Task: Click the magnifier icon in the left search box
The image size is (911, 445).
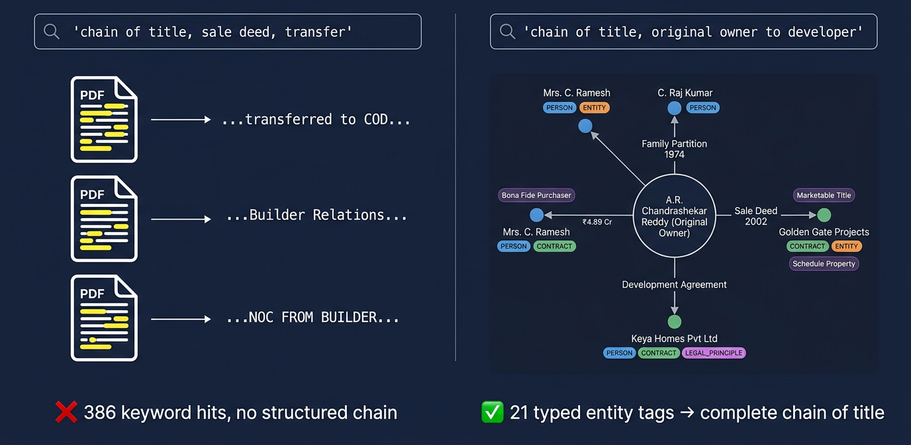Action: tap(51, 31)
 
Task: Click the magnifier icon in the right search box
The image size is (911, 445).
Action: tap(507, 31)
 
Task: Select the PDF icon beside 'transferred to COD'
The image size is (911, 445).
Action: tap(104, 120)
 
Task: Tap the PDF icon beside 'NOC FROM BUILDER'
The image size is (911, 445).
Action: tap(104, 319)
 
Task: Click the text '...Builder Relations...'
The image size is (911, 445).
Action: tap(316, 216)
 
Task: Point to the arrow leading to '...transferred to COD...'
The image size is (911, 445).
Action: tap(180, 120)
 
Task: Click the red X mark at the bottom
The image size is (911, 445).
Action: tap(66, 413)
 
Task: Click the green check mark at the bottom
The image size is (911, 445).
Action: tap(492, 413)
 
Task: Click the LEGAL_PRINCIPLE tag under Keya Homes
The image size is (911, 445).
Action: tap(714, 353)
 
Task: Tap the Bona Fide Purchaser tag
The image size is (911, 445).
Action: tap(536, 195)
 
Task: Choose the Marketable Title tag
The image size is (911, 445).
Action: tap(824, 195)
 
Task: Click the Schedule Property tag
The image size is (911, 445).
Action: tap(824, 264)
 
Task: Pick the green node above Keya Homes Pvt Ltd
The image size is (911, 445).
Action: tap(674, 322)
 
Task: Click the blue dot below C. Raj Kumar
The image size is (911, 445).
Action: tap(674, 108)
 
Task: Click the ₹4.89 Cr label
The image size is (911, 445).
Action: tap(597, 222)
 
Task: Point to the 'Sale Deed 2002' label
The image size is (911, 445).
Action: tap(755, 216)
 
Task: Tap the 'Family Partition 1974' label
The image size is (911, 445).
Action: tap(674, 149)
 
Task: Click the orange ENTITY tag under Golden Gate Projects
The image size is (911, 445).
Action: tap(846, 246)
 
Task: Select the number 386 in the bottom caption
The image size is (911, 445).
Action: tap(101, 413)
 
